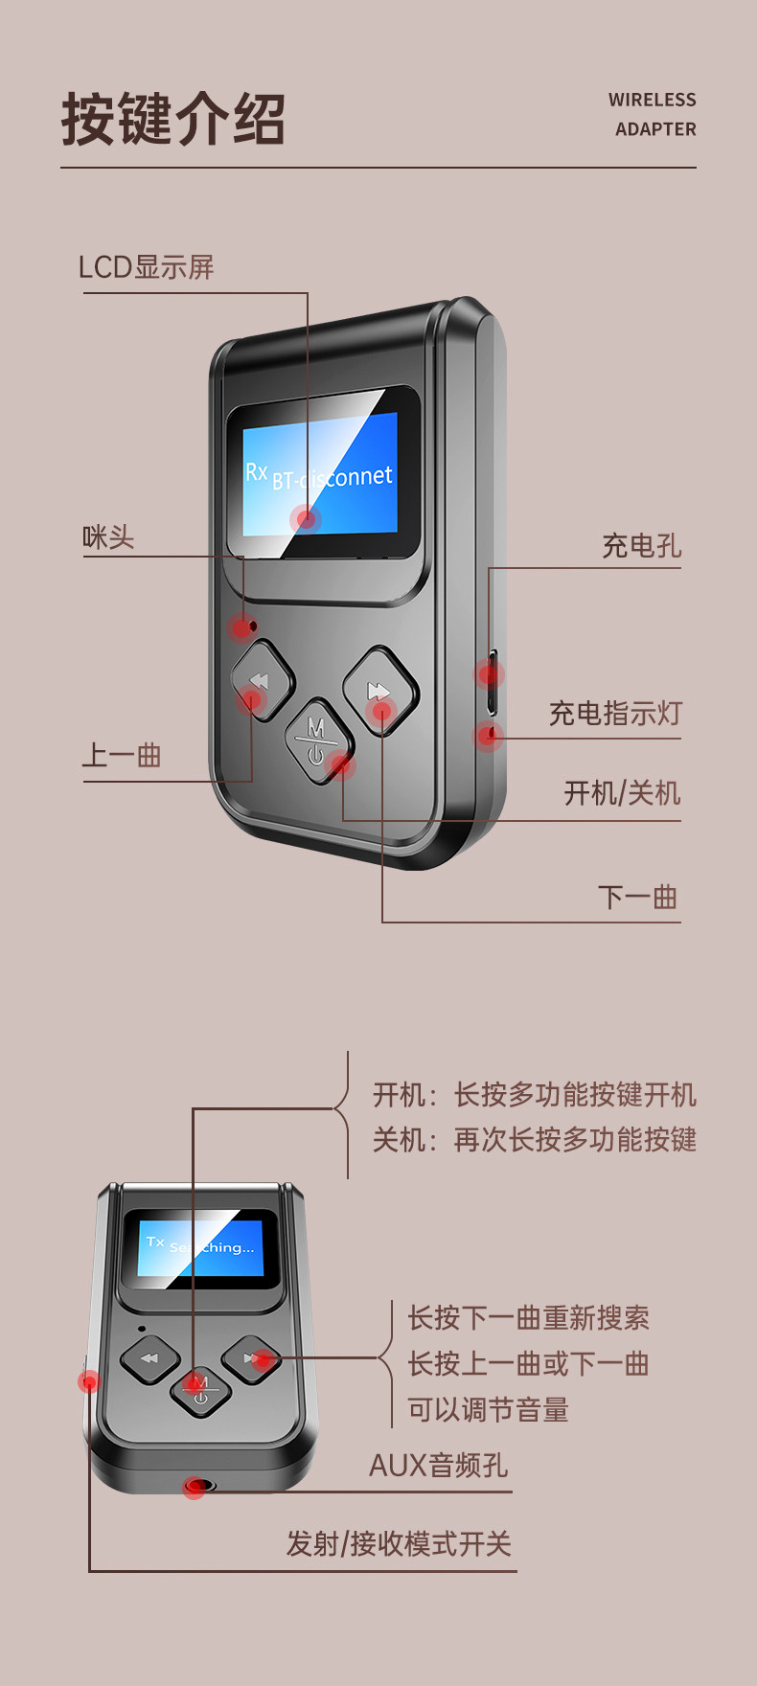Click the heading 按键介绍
172,120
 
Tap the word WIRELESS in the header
652,100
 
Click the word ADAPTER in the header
655,129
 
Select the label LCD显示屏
147,267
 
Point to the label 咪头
108,537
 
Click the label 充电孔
641,546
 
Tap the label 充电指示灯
614,714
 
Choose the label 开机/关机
622,793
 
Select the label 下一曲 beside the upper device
637,898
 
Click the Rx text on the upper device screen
256,471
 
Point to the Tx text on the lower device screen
155,1242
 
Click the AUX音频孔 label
438,1466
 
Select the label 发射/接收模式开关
399,1544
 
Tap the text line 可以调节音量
488,1410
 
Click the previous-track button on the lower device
149,1358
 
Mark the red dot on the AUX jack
195,1488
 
